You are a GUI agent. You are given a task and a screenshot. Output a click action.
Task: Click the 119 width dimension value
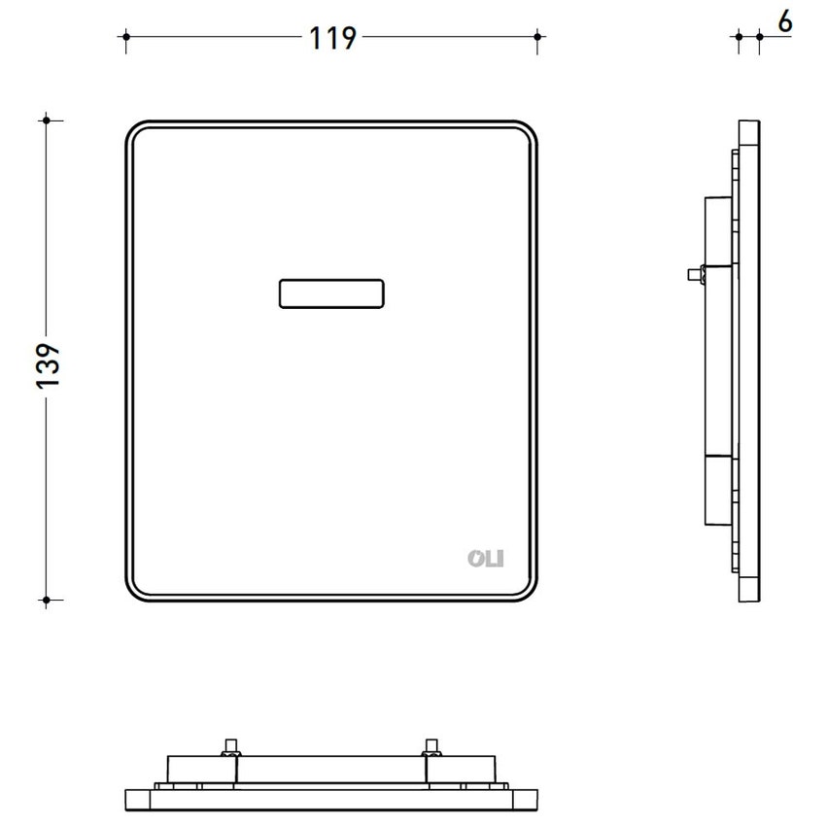click(332, 38)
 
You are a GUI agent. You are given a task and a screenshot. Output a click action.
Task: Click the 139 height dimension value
click(49, 366)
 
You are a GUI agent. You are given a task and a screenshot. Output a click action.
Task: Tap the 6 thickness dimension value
click(785, 22)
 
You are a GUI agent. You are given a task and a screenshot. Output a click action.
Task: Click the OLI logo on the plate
click(486, 559)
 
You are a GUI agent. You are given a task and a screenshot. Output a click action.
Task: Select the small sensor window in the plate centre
click(331, 293)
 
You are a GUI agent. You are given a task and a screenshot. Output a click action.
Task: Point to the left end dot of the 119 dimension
click(126, 36)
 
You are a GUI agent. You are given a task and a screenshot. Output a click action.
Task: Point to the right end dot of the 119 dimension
click(537, 36)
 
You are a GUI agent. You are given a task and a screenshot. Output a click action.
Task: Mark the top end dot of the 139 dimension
click(47, 120)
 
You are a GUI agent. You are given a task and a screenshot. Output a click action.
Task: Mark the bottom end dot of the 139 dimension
click(47, 600)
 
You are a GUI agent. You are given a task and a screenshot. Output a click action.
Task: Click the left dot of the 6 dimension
click(739, 36)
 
